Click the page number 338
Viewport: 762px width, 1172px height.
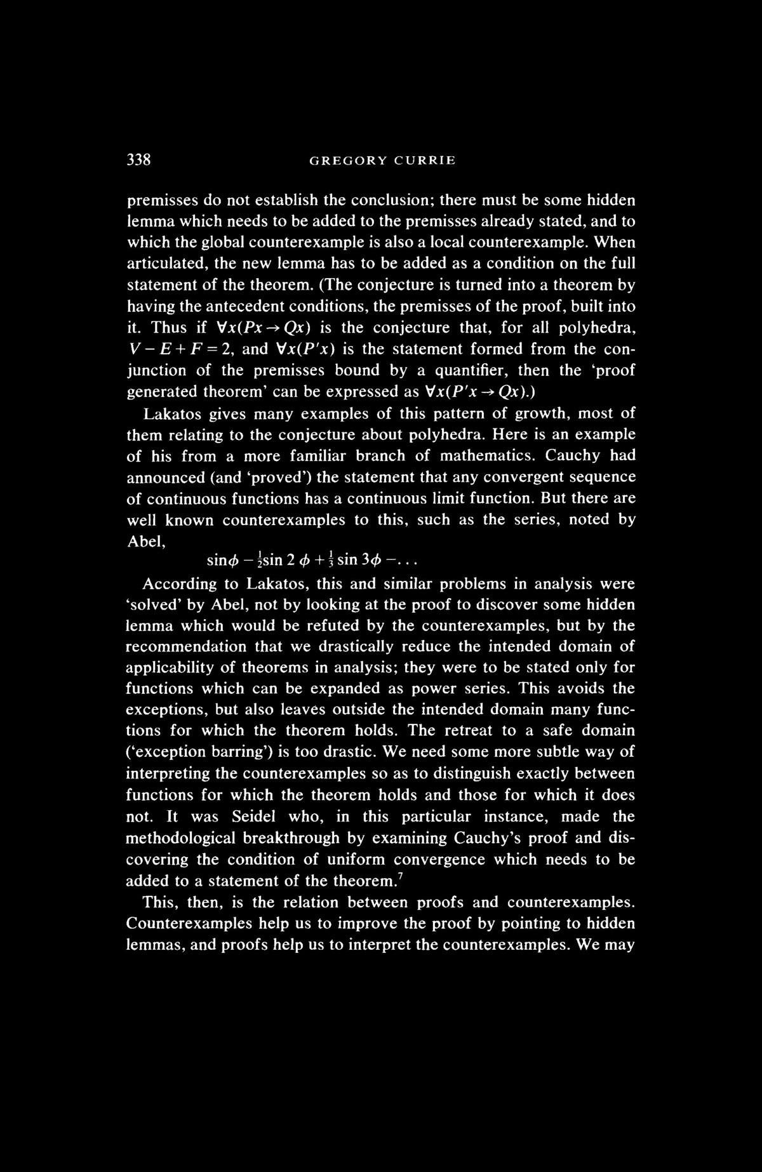[138, 160]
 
